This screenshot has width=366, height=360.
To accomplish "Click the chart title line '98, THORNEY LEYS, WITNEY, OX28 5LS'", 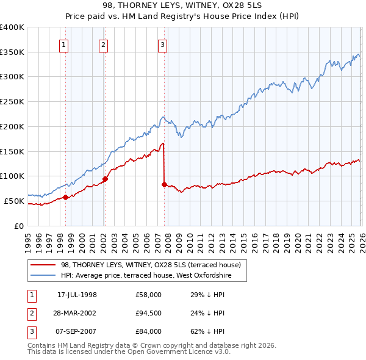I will click(x=182, y=7).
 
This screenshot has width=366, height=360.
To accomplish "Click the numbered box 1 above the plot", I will click(x=65, y=44).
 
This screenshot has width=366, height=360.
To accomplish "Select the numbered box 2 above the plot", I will click(x=104, y=44).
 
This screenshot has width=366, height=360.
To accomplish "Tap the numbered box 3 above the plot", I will click(x=163, y=44).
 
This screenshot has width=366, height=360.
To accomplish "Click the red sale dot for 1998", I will click(x=65, y=197).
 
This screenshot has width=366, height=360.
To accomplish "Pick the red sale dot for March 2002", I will click(x=105, y=179).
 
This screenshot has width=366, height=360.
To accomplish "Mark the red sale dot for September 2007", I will click(x=164, y=184).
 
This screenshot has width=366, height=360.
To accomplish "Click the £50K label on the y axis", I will click(x=14, y=201).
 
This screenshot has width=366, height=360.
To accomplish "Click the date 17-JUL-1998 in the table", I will click(x=77, y=295).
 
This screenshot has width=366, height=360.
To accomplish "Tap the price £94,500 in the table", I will click(x=148, y=313).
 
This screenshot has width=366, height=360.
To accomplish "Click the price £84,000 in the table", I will click(x=148, y=331).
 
